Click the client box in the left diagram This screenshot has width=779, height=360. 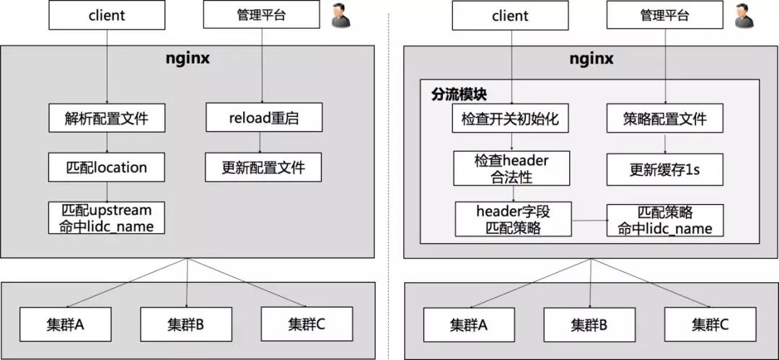[106, 15]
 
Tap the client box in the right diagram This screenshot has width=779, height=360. [510, 15]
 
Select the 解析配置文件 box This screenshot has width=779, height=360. [107, 118]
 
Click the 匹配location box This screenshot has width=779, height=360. [107, 167]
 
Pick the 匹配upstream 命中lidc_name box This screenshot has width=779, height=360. [107, 218]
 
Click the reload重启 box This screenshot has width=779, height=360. [262, 118]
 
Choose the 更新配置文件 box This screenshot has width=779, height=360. [263, 167]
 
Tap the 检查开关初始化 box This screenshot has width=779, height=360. [511, 118]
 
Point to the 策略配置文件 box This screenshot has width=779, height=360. [666, 118]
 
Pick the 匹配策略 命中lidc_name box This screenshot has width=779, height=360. [665, 220]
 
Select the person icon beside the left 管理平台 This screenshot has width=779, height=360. [342, 17]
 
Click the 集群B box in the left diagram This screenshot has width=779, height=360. [186, 324]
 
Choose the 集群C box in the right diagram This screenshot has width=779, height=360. [710, 324]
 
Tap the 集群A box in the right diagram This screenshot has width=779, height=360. [469, 324]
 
